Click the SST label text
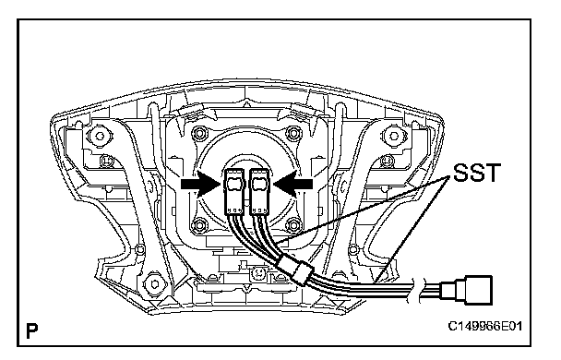[x=476, y=173]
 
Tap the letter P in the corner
[x=32, y=331]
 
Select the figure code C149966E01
[x=485, y=326]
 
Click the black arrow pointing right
[x=201, y=184]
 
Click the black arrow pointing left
[x=293, y=184]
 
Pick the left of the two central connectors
[x=234, y=192]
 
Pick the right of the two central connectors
[x=259, y=192]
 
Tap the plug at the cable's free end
[x=467, y=290]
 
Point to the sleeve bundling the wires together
[x=295, y=270]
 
